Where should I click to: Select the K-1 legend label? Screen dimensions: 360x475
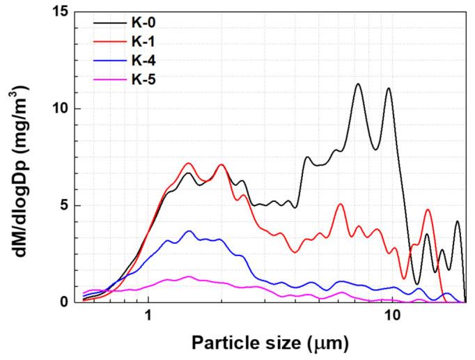[x=145, y=42]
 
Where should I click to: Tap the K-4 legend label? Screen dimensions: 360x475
[x=145, y=61]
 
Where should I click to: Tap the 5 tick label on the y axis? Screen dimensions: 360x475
[x=68, y=205]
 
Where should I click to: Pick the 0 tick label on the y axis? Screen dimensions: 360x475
[x=68, y=302]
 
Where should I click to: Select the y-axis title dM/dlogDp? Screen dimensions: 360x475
[x=21, y=157]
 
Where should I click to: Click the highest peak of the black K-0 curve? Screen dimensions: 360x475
[x=358, y=84]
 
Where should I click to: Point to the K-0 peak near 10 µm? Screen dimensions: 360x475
[x=388, y=88]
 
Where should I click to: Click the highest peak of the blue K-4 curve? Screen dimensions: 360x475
[x=188, y=230]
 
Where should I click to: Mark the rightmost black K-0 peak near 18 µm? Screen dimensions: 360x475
[x=458, y=221]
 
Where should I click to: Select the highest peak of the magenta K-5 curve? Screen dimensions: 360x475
[x=188, y=276]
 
